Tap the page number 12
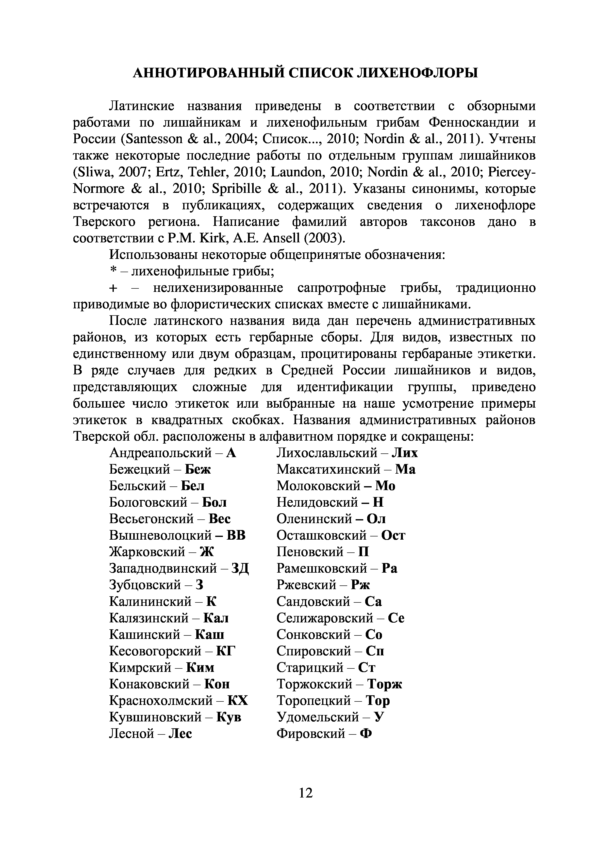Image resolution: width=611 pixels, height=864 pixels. [305, 793]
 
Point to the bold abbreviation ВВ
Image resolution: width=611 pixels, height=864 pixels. [236, 535]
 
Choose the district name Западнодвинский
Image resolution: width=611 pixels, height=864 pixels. [163, 568]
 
